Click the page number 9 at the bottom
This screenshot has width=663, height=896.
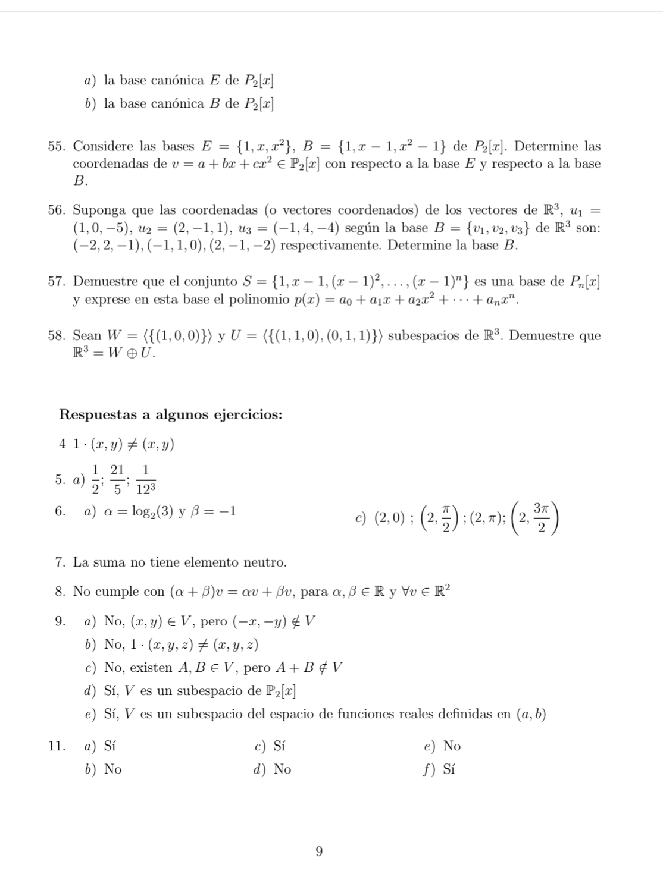tap(319, 851)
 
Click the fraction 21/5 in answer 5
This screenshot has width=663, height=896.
tap(117, 479)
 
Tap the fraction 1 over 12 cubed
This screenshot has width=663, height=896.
tap(145, 479)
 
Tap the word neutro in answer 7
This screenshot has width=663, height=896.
tap(266, 562)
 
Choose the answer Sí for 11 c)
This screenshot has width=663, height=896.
tap(280, 746)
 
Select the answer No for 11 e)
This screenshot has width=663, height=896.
tap(452, 746)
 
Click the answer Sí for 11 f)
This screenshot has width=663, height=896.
tap(449, 769)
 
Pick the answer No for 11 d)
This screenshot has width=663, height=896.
tap(282, 769)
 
